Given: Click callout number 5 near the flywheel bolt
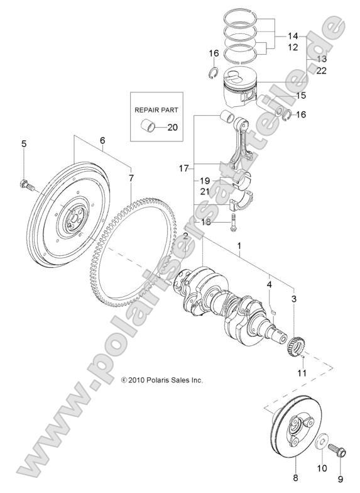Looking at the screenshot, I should (x=24, y=145).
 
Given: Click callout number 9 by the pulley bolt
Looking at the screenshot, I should (x=342, y=468).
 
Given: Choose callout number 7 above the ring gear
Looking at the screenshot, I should (x=131, y=178).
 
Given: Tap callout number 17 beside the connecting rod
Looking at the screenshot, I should (x=183, y=169).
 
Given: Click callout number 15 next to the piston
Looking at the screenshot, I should (x=301, y=96).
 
